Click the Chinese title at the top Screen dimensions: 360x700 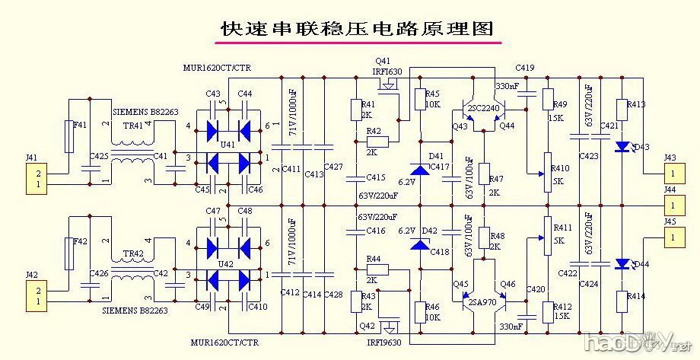356,28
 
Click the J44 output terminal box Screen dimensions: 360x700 670,205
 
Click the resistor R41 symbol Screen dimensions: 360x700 355,110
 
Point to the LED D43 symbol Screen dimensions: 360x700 623,145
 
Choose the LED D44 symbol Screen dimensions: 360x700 623,264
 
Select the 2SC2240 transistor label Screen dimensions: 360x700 484,108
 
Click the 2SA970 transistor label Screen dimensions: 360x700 482,302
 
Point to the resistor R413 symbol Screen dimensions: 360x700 623,110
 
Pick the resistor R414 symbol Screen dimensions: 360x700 623,300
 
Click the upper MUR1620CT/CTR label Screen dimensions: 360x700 216,68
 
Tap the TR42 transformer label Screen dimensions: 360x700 133,254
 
